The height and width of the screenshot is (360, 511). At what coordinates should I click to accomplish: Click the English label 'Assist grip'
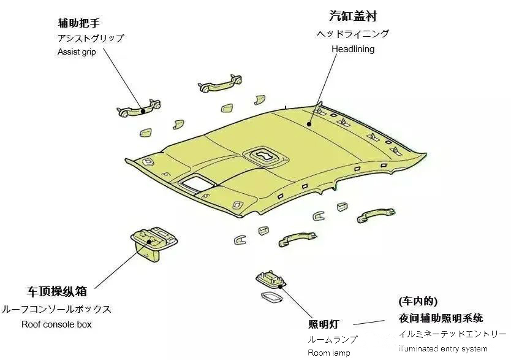(77, 52)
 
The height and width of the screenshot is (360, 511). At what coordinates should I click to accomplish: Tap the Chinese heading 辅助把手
(78, 23)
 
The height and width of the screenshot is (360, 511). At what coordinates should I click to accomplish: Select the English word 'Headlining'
(353, 48)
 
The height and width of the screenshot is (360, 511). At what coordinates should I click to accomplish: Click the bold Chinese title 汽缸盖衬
(353, 15)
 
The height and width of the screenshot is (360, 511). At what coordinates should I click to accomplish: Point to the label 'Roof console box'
(56, 324)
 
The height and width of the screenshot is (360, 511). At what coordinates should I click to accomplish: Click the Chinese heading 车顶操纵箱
(56, 291)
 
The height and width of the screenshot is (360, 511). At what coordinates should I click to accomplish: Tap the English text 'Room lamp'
(329, 353)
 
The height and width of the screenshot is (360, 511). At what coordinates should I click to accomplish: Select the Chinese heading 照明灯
(323, 324)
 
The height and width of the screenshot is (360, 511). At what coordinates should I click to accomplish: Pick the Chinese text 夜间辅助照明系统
(441, 318)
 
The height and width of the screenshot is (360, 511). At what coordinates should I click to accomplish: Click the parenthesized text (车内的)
(418, 301)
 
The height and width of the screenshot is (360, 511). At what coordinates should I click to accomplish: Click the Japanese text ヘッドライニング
(353, 34)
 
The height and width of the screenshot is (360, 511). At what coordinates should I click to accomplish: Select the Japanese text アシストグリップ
(91, 38)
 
